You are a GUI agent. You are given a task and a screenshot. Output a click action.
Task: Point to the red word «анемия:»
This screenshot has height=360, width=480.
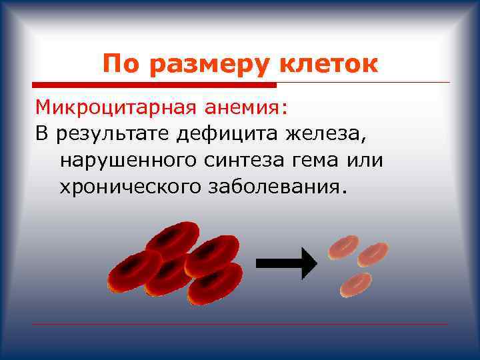(x=250, y=107)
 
